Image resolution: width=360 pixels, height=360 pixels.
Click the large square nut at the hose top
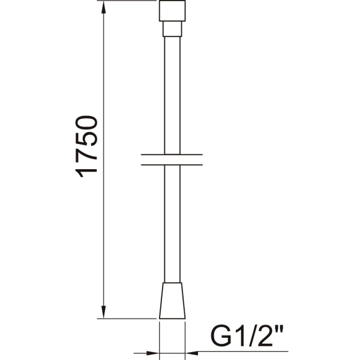tap(173, 11)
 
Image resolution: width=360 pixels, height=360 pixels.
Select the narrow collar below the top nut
tap(173, 29)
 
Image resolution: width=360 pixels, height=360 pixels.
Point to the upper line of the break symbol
tap(173, 155)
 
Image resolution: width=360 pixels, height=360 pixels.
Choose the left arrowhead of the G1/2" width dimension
tap(154, 351)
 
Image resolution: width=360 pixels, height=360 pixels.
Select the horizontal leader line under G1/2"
tap(240, 351)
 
